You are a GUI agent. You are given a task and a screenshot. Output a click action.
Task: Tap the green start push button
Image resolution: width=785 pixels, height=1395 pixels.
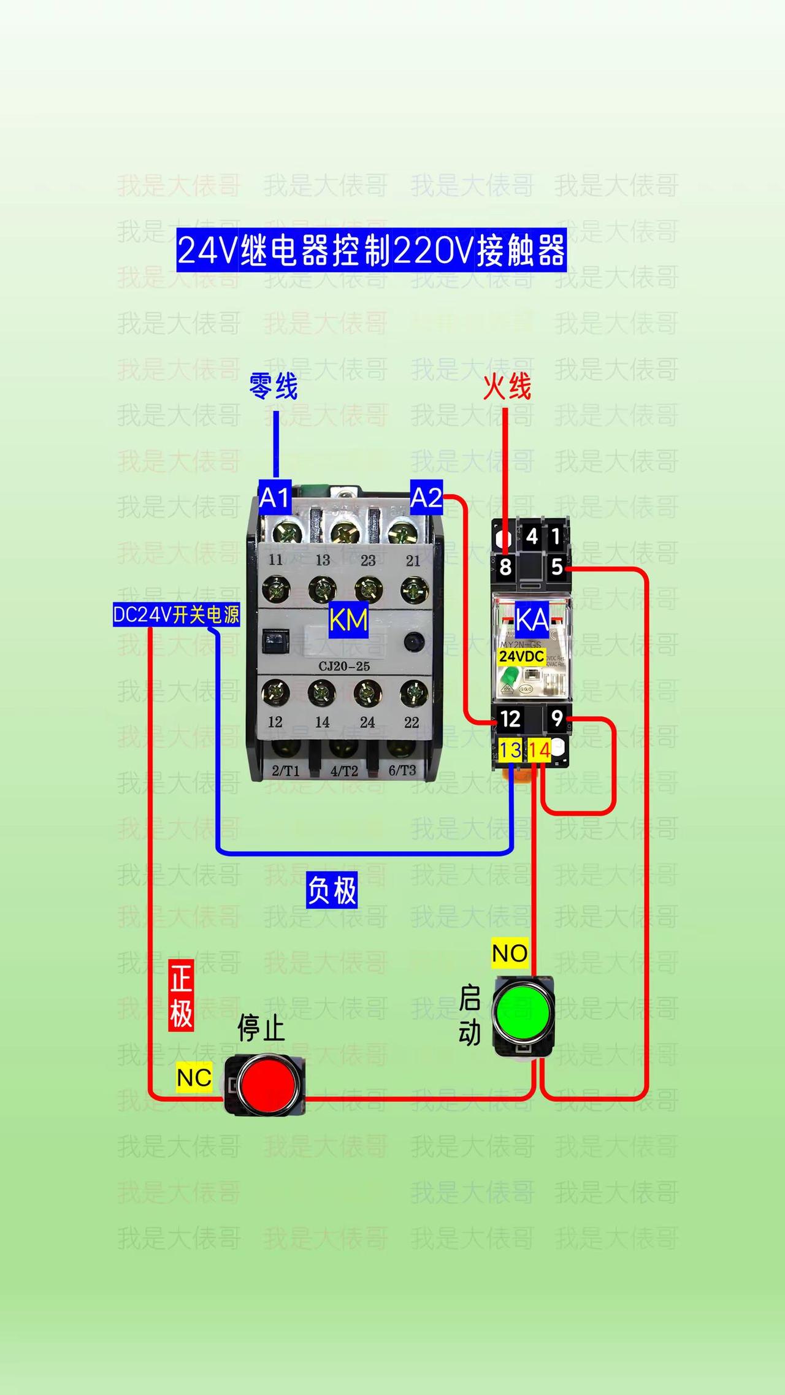tap(523, 1011)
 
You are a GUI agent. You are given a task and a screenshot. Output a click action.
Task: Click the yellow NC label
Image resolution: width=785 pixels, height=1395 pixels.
tap(194, 1077)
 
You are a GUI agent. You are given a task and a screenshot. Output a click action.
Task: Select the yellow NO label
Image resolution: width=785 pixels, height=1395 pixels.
tap(510, 954)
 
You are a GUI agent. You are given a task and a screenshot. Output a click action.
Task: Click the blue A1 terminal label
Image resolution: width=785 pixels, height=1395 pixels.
tap(274, 497)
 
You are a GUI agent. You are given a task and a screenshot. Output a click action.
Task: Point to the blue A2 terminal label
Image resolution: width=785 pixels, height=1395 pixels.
tap(426, 497)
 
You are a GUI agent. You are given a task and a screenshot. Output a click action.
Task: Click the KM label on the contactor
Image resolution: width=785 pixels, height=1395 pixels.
tap(348, 621)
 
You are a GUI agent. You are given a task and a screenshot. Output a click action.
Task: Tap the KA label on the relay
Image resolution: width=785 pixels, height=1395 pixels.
tap(532, 621)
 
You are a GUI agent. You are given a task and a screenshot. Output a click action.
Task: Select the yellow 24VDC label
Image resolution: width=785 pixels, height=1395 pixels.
tap(521, 657)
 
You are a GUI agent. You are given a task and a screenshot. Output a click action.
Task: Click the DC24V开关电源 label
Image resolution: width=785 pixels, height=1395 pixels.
tap(176, 614)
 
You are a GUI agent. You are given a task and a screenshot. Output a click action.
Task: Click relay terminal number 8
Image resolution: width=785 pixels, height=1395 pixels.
tap(505, 567)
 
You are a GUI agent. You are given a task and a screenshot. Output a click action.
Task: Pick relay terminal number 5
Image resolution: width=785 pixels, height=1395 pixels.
tap(556, 567)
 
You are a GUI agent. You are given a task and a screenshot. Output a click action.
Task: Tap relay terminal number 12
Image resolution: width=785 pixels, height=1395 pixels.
tap(510, 719)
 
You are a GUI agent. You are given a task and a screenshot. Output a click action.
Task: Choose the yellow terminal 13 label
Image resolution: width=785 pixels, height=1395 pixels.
tap(510, 750)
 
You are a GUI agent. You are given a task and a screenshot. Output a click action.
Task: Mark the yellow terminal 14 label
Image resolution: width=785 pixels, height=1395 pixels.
tap(539, 750)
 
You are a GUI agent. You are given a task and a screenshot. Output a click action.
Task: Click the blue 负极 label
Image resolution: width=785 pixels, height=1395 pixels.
tap(332, 890)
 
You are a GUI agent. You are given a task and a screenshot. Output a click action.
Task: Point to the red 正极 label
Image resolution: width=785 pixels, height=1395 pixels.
tap(182, 995)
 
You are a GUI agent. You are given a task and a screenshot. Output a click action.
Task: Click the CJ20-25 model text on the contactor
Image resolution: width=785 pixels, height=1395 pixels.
tap(344, 667)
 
